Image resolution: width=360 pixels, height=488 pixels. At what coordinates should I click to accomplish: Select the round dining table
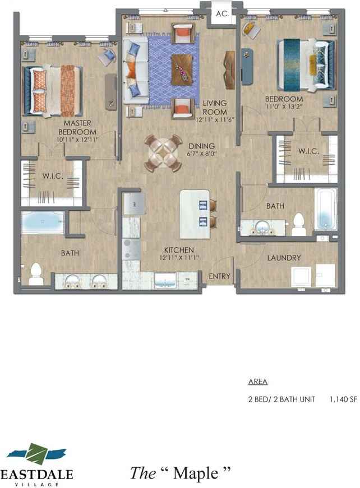[163, 153]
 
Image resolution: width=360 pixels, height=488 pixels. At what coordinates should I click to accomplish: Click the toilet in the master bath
[36, 274]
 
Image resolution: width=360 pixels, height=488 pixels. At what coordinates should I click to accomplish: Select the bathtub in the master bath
[43, 222]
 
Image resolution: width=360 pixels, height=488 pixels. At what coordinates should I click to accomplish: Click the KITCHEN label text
[179, 249]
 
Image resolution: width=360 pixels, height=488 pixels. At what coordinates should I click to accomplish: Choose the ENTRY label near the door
[219, 276]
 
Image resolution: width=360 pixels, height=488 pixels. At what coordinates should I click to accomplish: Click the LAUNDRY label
[284, 258]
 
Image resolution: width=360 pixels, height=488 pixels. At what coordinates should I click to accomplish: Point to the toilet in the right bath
[298, 225]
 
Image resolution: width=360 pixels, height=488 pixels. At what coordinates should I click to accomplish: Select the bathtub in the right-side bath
[326, 210]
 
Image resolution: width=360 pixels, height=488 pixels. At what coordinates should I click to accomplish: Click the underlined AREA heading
[257, 382]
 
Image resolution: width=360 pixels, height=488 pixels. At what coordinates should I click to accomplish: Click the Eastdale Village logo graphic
[39, 454]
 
